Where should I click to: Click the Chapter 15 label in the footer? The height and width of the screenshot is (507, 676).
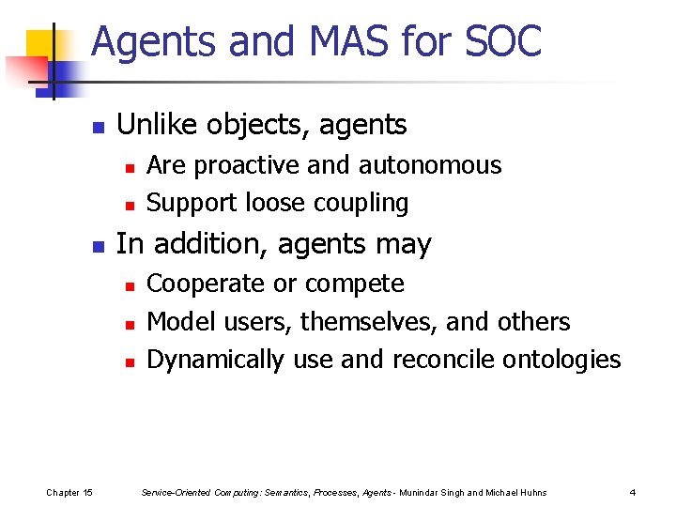(69, 493)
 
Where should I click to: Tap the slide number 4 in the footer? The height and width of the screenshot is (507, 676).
(633, 493)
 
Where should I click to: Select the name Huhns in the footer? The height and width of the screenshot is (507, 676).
(531, 493)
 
